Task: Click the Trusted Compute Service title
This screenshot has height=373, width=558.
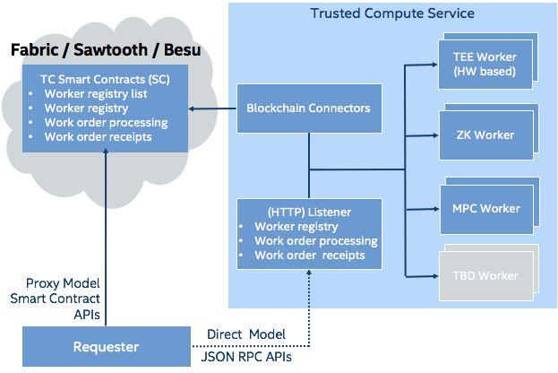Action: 392,13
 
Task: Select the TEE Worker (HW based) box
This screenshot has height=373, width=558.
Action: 485,64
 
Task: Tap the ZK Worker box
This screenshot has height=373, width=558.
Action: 485,135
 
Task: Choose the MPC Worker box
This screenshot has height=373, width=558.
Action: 485,209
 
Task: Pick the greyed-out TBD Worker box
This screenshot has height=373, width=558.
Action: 485,275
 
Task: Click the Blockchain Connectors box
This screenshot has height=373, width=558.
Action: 308,108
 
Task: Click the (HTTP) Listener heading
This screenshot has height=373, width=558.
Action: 307,212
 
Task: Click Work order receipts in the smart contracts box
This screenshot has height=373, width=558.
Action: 99,136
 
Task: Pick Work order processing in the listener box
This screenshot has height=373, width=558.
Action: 315,241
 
